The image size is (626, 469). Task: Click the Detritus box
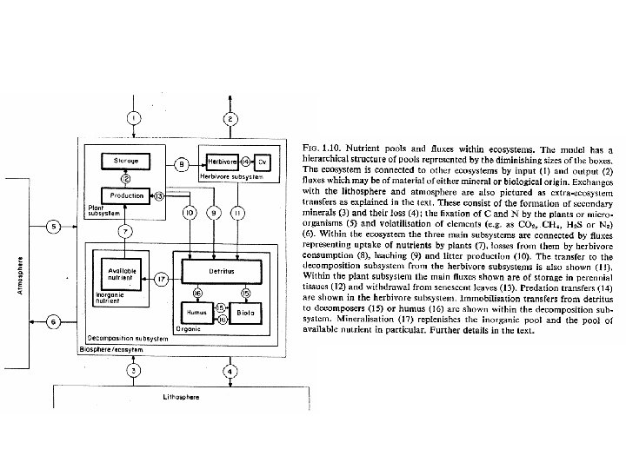pyautogui.click(x=221, y=273)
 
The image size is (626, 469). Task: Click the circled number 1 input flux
pyautogui.click(x=132, y=118)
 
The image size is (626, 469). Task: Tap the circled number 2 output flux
pyautogui.click(x=230, y=118)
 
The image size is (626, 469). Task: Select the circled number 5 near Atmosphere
pyautogui.click(x=53, y=228)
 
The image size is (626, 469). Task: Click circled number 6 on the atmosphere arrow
pyautogui.click(x=53, y=322)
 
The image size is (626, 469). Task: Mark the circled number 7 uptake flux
pyautogui.click(x=125, y=232)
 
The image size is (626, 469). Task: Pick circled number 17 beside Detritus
pyautogui.click(x=161, y=279)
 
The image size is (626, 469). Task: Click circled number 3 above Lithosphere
pyautogui.click(x=132, y=372)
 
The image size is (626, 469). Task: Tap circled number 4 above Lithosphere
pyautogui.click(x=230, y=372)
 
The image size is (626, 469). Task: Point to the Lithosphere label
pyautogui.click(x=182, y=396)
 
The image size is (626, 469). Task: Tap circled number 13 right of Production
pyautogui.click(x=159, y=196)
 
